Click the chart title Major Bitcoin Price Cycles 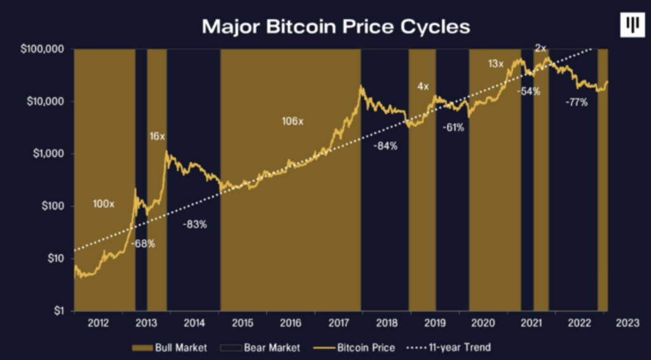[336, 26]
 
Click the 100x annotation [104, 204]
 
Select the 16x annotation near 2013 [157, 136]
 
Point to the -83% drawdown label [195, 225]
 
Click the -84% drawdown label [385, 146]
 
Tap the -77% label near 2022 [576, 102]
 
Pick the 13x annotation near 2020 [496, 64]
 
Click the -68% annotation [143, 244]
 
